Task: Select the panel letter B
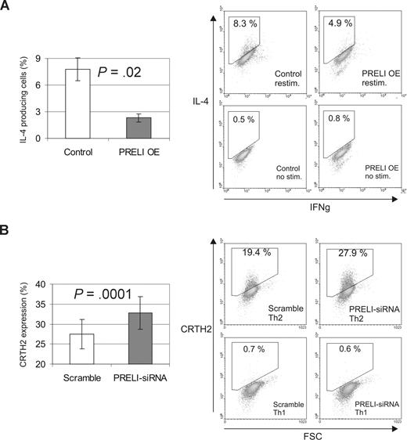[8, 236]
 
